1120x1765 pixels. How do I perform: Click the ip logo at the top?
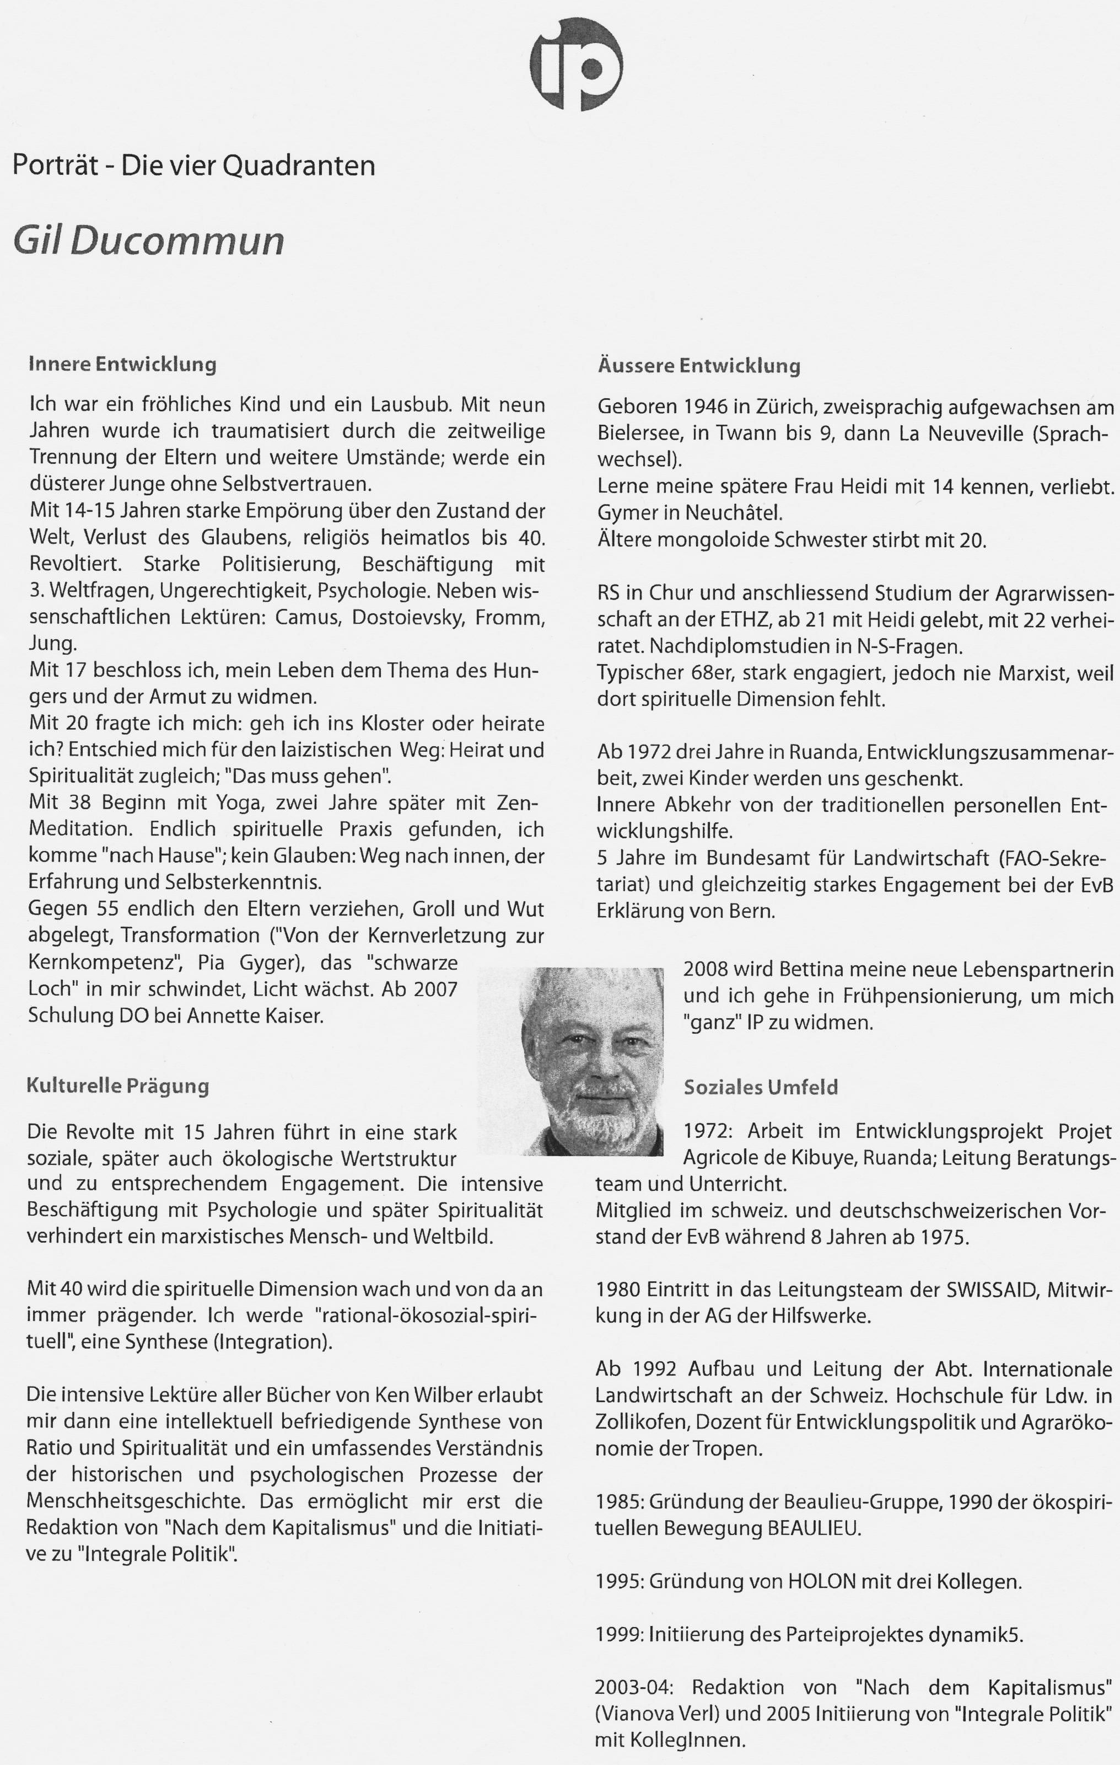coord(577,65)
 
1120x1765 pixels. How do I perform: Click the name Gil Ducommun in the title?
coord(149,240)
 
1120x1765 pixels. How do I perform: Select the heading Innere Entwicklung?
coord(122,364)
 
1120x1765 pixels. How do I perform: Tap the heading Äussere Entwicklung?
coord(699,365)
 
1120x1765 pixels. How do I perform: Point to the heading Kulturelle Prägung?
coord(118,1085)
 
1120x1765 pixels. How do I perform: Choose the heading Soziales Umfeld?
coord(760,1087)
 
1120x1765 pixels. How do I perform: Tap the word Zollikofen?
coord(640,1422)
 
